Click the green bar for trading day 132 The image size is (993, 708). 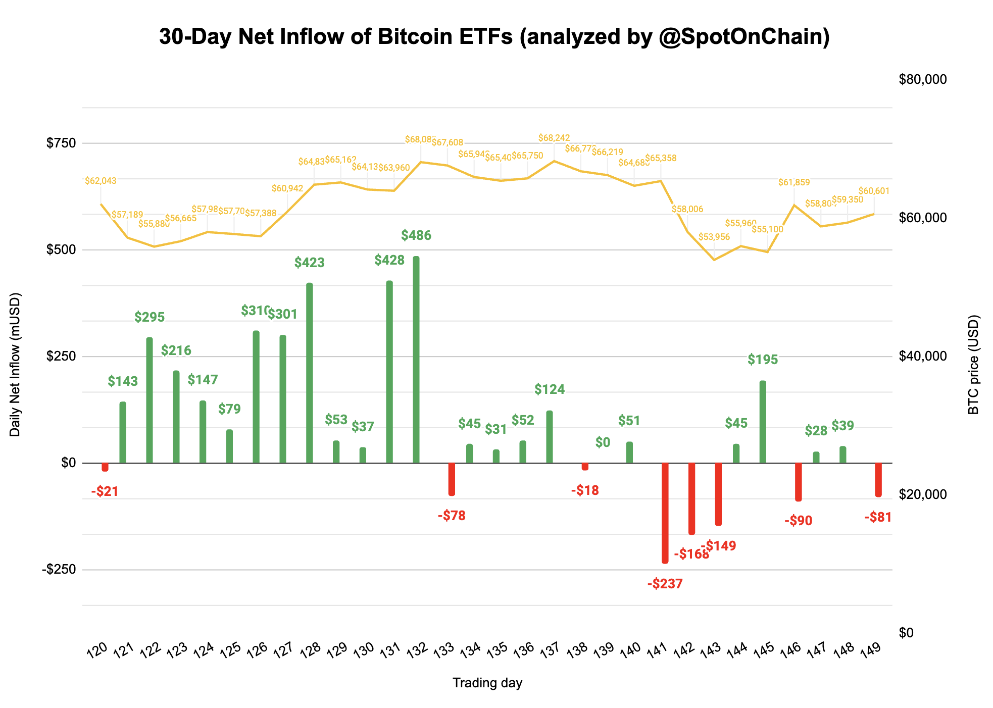point(416,360)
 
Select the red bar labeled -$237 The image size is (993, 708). point(665,513)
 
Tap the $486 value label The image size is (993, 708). point(416,235)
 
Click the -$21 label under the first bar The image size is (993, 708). point(105,491)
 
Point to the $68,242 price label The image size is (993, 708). point(554,138)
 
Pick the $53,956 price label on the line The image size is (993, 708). point(714,237)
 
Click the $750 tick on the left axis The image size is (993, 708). point(61,143)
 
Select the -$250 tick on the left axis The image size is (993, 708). point(59,570)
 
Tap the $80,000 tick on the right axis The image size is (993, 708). point(923,79)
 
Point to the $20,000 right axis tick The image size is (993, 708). point(923,494)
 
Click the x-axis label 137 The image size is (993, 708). point(550,649)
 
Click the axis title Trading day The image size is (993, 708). point(487,683)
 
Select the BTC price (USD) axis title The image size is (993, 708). point(973,365)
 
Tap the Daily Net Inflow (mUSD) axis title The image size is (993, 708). point(15,365)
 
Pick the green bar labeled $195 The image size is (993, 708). point(763,422)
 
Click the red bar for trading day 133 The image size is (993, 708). point(452,479)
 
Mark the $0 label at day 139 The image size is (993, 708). point(603,443)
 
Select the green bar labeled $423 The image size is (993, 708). point(310,373)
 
